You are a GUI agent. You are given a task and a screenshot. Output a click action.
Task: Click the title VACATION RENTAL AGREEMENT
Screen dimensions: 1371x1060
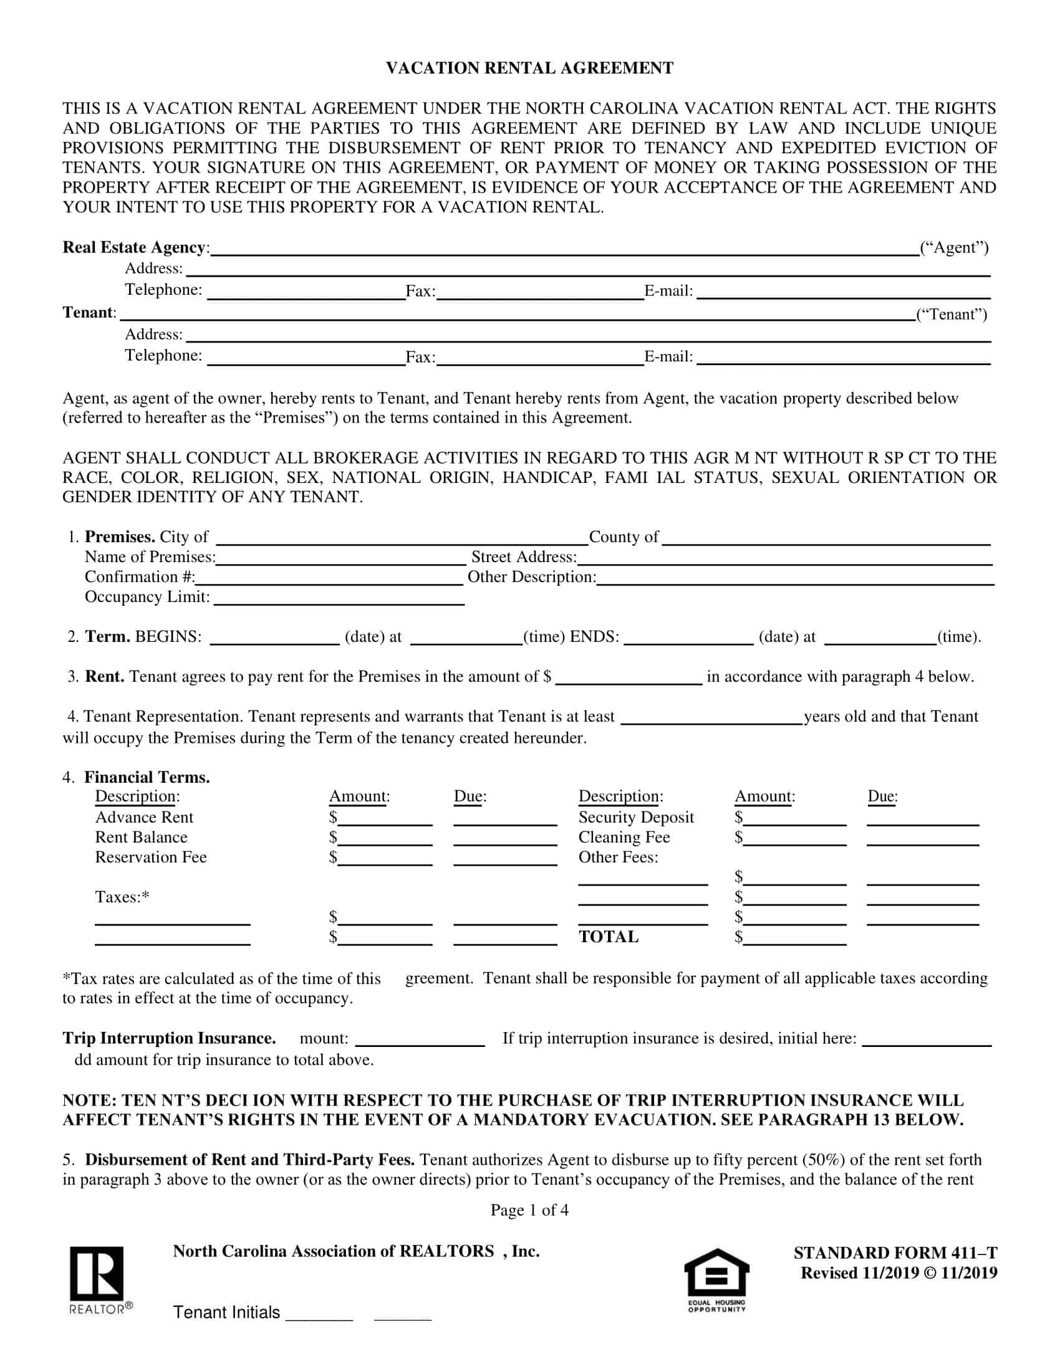[x=529, y=68]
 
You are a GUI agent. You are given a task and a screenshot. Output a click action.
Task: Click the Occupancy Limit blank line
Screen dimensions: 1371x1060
[x=339, y=598]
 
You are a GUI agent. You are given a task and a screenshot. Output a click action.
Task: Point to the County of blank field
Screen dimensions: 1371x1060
[x=826, y=538]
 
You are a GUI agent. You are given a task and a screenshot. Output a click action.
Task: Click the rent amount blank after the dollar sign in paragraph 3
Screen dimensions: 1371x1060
[x=629, y=678]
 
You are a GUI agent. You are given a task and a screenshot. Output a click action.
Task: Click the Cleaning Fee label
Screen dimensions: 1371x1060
[x=624, y=838]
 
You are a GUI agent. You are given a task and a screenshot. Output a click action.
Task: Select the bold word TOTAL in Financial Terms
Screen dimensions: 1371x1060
[x=609, y=937]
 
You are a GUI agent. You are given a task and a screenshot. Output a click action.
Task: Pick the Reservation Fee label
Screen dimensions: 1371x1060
[x=151, y=857]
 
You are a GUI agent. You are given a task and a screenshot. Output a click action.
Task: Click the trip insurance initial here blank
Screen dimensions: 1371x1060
[x=927, y=1039]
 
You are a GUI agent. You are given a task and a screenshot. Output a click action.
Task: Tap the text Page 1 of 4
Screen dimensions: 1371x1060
[x=529, y=1210]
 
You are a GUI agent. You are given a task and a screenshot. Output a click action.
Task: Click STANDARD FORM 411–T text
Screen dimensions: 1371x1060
[x=895, y=1253]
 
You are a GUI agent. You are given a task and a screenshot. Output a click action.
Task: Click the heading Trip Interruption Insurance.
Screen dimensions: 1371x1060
[x=169, y=1038]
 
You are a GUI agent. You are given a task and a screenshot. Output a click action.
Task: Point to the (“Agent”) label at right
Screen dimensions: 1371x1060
[x=954, y=247]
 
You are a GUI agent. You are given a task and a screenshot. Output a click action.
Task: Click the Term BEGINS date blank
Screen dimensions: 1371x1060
[x=274, y=638]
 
